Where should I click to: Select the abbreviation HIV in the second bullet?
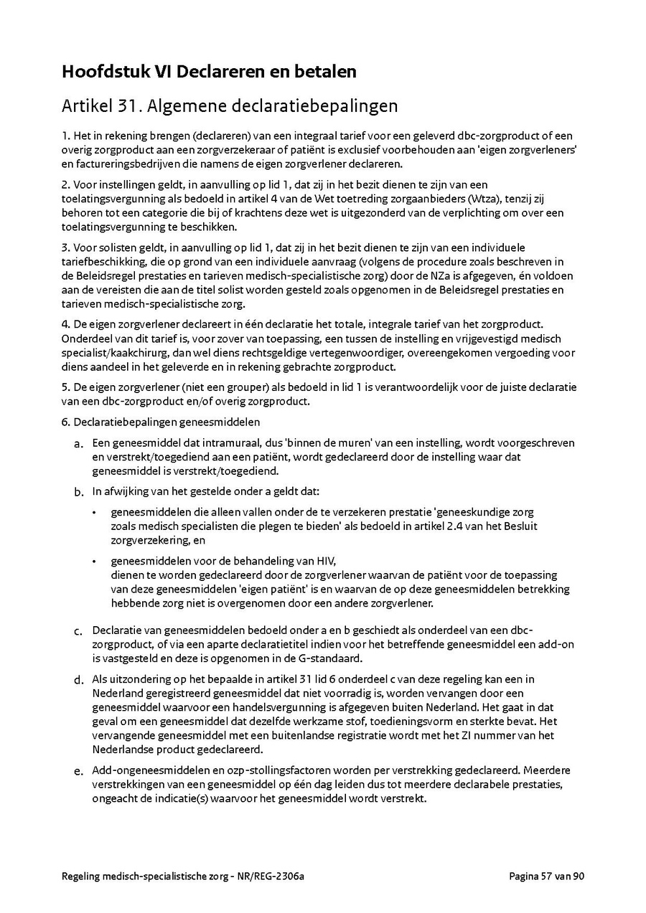tap(326, 561)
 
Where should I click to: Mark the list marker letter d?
tap(78, 680)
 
